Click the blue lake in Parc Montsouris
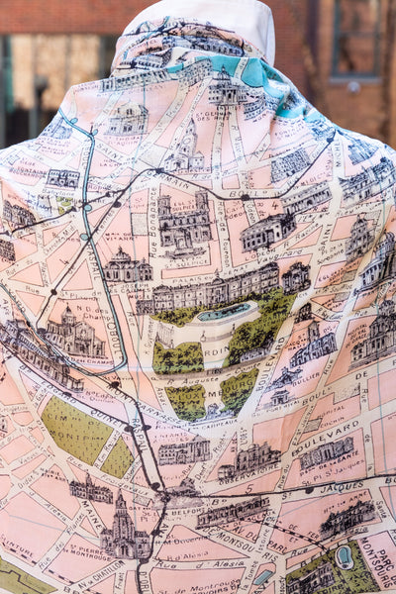tap(345, 557)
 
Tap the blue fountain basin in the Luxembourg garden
tap(226, 312)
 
